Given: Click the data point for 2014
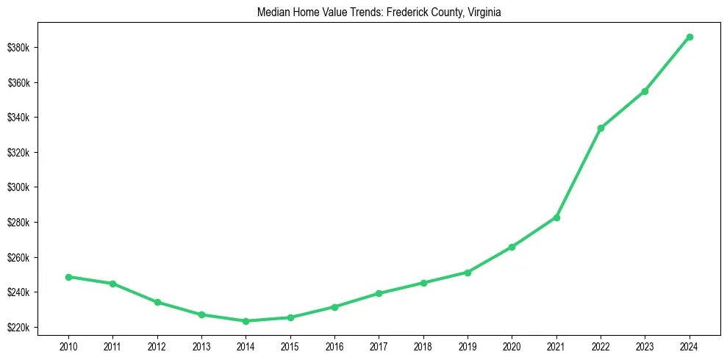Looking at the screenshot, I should point(246,321).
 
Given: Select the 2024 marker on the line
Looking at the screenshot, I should point(690,37).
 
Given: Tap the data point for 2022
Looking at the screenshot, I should point(601,128).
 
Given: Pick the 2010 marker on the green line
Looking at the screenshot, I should point(68,277).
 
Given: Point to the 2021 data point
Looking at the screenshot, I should point(556,217).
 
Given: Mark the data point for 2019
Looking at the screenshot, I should point(468,273).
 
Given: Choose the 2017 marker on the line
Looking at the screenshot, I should point(379,293).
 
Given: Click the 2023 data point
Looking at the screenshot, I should point(645,91).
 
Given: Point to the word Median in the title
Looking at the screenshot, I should point(271,12).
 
